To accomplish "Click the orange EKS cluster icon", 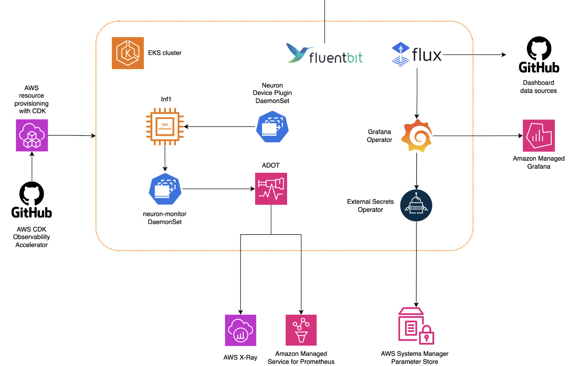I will [128, 53].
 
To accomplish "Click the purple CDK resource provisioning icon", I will [32, 135].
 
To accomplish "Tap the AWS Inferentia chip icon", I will [165, 127].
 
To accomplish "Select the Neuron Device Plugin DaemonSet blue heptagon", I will [272, 127].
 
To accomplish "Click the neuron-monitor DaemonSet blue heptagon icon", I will [165, 189].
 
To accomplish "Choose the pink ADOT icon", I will [271, 189].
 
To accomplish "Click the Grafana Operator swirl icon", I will [417, 136].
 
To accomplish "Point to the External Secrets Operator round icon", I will [416, 206].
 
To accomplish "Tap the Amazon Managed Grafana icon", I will [539, 136].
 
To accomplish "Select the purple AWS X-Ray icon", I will [240, 330].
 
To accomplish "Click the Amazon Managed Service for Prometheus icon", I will [301, 330].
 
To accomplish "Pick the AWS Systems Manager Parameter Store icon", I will [415, 326].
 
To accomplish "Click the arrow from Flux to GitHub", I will [474, 55].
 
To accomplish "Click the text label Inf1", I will [166, 99].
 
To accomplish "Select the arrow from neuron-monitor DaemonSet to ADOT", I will [218, 189].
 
